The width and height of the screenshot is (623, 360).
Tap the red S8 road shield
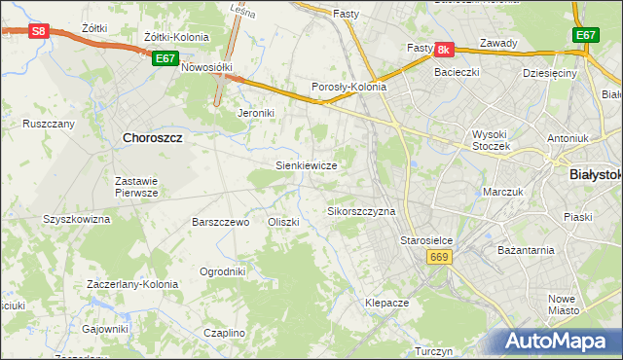[37, 31]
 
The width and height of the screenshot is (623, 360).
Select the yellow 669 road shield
[438, 256]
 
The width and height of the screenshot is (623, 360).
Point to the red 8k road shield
[444, 49]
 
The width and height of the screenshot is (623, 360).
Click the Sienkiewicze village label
[307, 166]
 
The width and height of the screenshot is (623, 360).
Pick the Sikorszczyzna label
[361, 211]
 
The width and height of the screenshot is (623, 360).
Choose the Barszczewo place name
[221, 222]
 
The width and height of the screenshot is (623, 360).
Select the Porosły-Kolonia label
[348, 87]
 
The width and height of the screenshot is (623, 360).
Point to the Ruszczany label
[49, 125]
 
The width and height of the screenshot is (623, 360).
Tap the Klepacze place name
[385, 304]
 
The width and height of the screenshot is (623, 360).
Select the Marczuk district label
[504, 193]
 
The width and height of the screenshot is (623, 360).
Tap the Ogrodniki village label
[222, 271]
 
